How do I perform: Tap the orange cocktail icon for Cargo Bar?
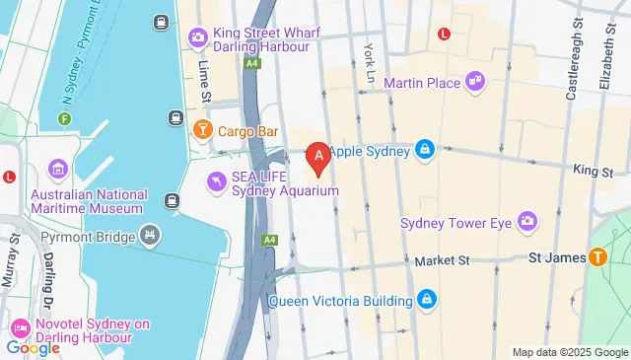(x=202, y=130)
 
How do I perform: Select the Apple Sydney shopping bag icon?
(x=424, y=150)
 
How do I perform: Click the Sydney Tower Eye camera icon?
(x=526, y=222)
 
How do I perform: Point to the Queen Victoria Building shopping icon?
(x=426, y=298)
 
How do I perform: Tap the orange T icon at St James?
(x=598, y=258)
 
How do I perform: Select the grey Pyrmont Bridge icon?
(x=150, y=235)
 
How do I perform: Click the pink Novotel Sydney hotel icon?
(x=20, y=326)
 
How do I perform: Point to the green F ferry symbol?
(x=64, y=119)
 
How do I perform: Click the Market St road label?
(x=441, y=260)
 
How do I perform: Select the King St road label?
(x=594, y=171)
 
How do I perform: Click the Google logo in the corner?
(x=33, y=347)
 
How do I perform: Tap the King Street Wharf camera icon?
(x=198, y=38)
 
